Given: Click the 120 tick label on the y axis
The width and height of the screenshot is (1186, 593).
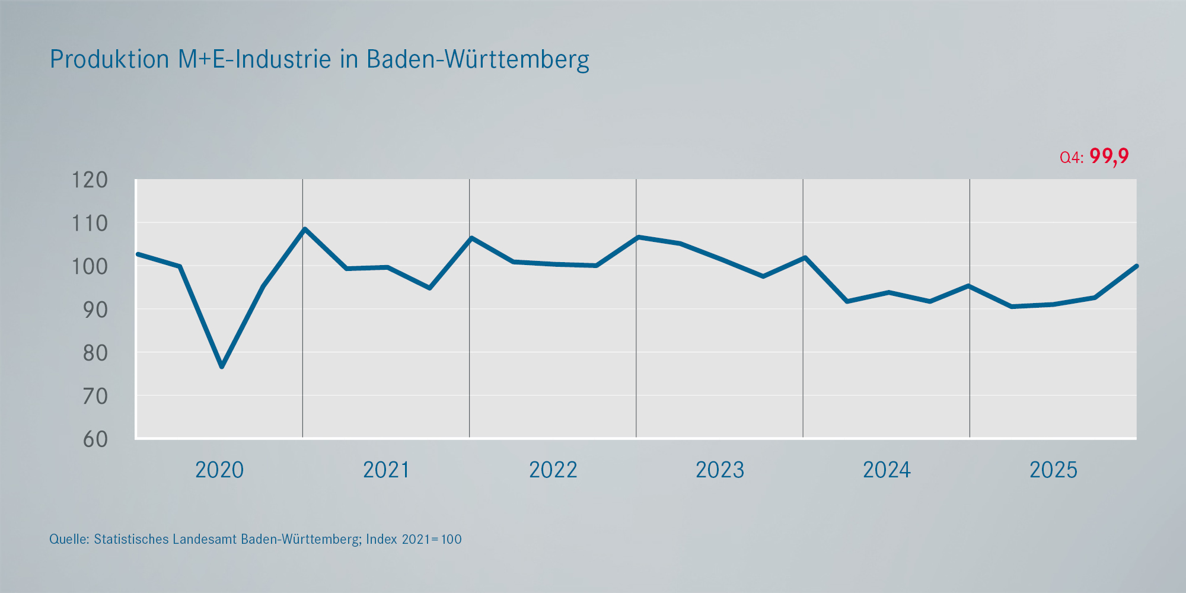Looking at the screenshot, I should click(x=90, y=180).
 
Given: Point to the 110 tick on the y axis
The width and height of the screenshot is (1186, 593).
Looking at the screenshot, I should click(x=90, y=224).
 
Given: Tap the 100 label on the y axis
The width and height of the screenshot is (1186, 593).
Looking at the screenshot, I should click(x=90, y=267).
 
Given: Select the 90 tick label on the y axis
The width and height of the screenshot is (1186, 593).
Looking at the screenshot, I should click(x=95, y=310).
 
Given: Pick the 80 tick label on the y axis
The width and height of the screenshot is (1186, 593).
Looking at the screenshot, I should click(x=95, y=353).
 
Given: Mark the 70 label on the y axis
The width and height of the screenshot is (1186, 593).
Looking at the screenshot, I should click(x=95, y=396).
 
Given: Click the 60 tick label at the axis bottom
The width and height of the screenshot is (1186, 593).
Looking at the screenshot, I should click(x=95, y=439).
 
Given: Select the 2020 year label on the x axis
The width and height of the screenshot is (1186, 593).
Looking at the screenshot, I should click(x=219, y=470).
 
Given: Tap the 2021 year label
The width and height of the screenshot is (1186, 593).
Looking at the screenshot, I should click(x=386, y=470).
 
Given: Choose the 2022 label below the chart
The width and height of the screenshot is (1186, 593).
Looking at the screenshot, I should click(x=553, y=470).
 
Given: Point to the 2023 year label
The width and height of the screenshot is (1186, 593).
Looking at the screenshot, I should click(x=720, y=470).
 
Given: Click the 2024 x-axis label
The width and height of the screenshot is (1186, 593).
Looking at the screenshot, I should click(x=887, y=470).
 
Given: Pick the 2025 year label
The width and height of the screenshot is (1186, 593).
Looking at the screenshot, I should click(x=1053, y=470).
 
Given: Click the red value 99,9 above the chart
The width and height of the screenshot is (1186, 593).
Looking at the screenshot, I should click(x=1109, y=156).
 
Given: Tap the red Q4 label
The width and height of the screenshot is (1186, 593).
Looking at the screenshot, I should click(x=1072, y=158).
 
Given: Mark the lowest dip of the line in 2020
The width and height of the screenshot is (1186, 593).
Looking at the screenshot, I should click(x=222, y=366).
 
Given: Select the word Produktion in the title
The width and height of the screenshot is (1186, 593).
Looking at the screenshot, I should click(x=110, y=59).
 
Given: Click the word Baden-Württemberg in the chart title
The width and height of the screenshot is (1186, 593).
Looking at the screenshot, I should click(x=478, y=60).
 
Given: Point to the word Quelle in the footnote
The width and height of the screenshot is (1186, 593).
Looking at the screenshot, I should click(x=69, y=540).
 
